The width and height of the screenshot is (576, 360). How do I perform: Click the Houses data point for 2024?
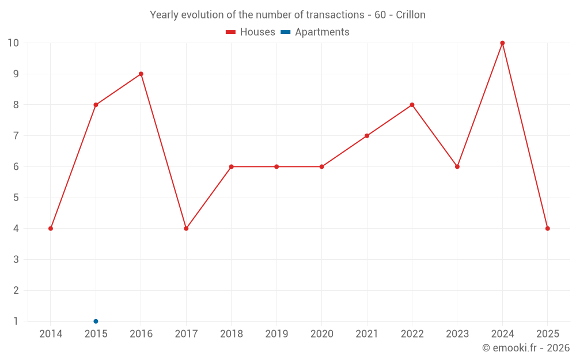[x=502, y=43]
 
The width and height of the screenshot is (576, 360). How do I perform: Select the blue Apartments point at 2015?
[x=96, y=321]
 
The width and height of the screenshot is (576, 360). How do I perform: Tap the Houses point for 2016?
[x=141, y=74]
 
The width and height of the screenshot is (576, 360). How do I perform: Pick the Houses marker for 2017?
[x=186, y=229]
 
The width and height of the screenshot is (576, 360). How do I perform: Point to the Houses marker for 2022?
[x=412, y=105]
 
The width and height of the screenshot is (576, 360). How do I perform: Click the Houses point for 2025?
[x=547, y=229]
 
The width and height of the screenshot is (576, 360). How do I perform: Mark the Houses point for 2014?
[x=51, y=229]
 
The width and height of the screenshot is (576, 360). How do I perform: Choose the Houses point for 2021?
[x=367, y=136]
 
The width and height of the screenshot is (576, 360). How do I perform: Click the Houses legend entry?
[x=251, y=32]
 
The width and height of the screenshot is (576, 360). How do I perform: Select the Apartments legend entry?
[x=315, y=32]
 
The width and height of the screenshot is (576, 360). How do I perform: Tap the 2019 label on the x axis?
[x=276, y=334]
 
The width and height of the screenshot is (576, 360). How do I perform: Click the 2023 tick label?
[x=457, y=334]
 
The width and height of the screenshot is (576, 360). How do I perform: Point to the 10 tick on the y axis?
[x=13, y=43]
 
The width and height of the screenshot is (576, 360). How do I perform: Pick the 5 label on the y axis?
[x=16, y=198]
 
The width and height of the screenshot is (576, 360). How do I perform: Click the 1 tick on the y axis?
[x=16, y=321]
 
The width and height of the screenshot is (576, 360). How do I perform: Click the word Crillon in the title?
[x=410, y=15]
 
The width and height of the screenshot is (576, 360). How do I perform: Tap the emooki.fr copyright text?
[x=526, y=348]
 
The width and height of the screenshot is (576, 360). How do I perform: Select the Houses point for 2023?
[x=457, y=167]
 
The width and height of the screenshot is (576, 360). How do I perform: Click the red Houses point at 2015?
[x=96, y=105]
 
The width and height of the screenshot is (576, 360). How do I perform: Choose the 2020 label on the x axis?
[x=321, y=334]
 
